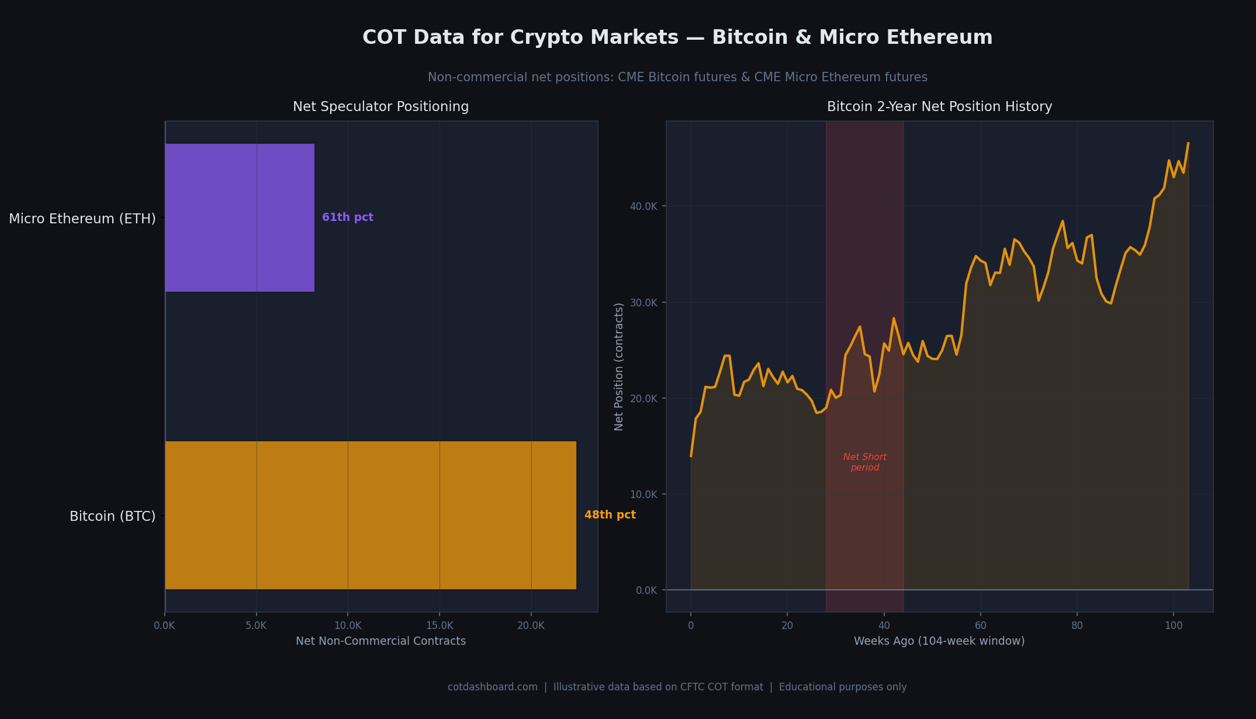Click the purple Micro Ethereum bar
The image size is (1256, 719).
[x=240, y=217]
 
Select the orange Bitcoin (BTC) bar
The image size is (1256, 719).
[x=371, y=515]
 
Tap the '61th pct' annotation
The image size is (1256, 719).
[x=348, y=217]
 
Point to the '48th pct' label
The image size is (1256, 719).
[x=610, y=515]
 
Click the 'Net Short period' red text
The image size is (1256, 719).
[x=864, y=462]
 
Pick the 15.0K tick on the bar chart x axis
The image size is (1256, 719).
[x=440, y=625]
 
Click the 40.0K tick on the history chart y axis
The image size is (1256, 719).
[x=643, y=206]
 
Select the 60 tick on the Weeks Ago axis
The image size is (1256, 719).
[x=980, y=625]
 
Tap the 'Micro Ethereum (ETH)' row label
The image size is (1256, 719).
[x=82, y=219]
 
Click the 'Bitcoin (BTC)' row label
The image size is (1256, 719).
[x=112, y=516]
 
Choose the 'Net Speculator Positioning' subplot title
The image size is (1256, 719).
[x=380, y=106]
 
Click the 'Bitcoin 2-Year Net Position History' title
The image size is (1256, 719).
[x=939, y=106]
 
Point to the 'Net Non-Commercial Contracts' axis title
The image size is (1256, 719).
[x=380, y=641]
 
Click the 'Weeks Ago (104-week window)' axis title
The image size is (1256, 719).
[x=939, y=641]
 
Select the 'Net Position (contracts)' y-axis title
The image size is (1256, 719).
[x=619, y=367]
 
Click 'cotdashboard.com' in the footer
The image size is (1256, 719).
[x=492, y=687]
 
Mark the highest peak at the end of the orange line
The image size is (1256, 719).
[x=1188, y=143]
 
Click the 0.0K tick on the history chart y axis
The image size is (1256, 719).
[x=646, y=590]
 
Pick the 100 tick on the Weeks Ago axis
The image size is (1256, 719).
[x=1173, y=625]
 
